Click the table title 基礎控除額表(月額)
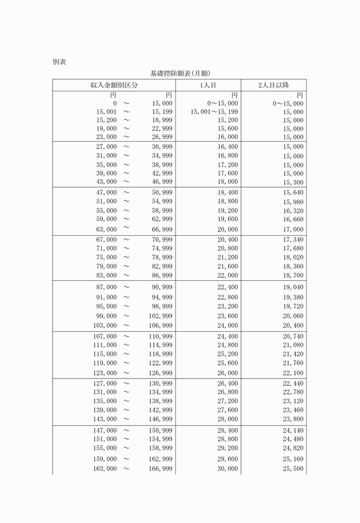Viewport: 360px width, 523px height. [x=180, y=73]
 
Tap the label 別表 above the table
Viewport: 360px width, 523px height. [x=59, y=61]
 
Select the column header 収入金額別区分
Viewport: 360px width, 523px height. [x=114, y=85]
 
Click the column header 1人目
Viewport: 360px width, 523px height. [x=208, y=85]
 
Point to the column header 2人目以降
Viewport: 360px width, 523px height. [x=273, y=85]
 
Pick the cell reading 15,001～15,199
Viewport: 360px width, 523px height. [x=214, y=112]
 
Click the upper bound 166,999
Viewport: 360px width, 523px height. [x=161, y=469]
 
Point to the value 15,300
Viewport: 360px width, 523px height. [x=293, y=183]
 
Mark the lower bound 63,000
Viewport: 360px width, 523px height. [x=106, y=230]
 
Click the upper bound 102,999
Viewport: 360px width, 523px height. [x=161, y=316]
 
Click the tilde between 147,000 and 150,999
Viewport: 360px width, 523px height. [x=126, y=430]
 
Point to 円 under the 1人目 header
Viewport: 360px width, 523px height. [x=234, y=95]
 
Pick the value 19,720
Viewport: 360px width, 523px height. [x=293, y=307]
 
